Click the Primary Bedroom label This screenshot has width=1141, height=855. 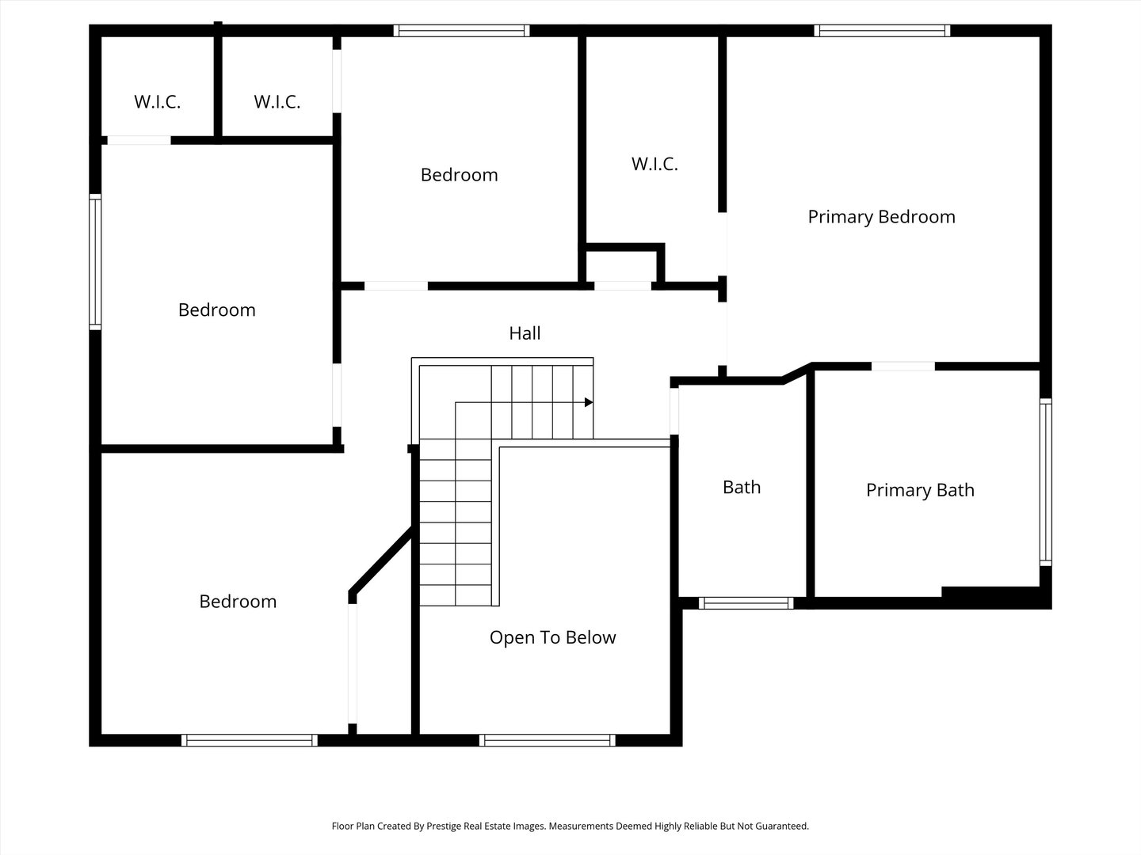(881, 217)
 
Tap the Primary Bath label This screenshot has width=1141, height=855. (920, 490)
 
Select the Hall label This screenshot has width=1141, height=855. (525, 333)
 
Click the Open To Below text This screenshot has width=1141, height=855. (552, 637)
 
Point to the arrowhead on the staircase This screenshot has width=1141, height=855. (589, 402)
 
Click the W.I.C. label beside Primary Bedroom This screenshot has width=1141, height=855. (654, 164)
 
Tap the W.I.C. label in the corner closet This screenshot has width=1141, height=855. (157, 102)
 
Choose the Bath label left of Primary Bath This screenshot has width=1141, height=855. (742, 488)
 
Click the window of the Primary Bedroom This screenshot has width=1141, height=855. (882, 31)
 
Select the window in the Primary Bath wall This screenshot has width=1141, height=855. (1045, 482)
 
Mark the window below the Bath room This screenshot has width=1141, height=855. (746, 602)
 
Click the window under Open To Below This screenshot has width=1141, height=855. (547, 740)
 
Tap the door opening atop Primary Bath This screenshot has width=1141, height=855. (903, 366)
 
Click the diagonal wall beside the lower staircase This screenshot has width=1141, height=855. (381, 560)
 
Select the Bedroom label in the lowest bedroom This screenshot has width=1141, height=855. (238, 602)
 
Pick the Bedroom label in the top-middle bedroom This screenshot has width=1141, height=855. (459, 175)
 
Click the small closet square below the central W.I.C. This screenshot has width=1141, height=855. (622, 267)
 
